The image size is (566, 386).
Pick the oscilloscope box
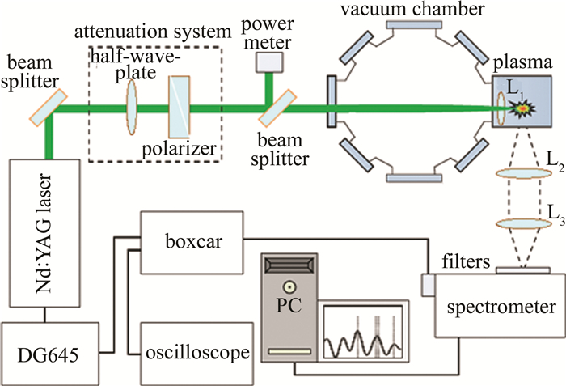click(196, 353)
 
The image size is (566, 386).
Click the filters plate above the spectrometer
click(521, 269)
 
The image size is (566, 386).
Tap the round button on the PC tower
click(287, 286)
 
